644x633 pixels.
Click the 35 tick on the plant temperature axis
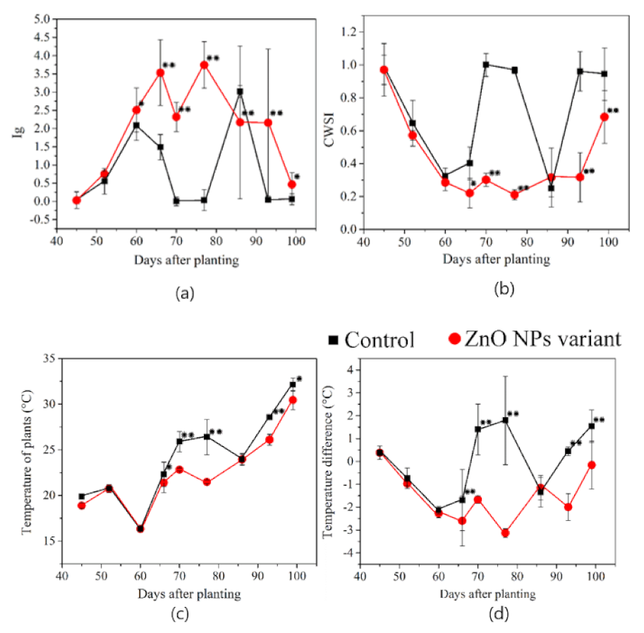click(50, 359)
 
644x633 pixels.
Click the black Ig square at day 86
click(240, 92)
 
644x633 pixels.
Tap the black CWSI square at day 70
click(486, 65)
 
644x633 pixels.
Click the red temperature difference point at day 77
click(505, 533)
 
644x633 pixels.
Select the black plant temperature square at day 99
click(293, 385)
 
